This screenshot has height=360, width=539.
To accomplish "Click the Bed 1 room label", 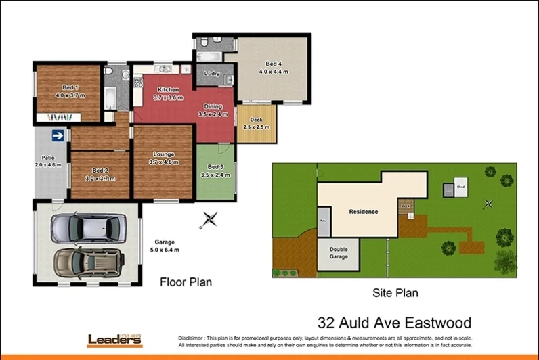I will [x=70, y=87].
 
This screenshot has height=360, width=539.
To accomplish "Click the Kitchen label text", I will [x=168, y=90].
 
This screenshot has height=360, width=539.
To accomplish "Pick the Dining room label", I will [x=213, y=107].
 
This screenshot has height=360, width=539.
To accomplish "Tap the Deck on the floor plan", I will [x=256, y=124].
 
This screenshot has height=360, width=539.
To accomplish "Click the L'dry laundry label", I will [x=211, y=74].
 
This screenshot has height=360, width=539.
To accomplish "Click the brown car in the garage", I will [x=89, y=261].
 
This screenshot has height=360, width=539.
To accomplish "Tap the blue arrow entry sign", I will [x=58, y=136].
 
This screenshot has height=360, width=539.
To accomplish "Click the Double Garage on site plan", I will [x=339, y=254].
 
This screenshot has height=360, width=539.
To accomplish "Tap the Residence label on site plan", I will [x=363, y=212].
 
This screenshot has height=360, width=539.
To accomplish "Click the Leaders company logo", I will [x=115, y=340].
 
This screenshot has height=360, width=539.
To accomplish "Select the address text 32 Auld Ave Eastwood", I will [x=394, y=323].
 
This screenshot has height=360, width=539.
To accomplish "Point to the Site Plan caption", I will [x=395, y=293].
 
